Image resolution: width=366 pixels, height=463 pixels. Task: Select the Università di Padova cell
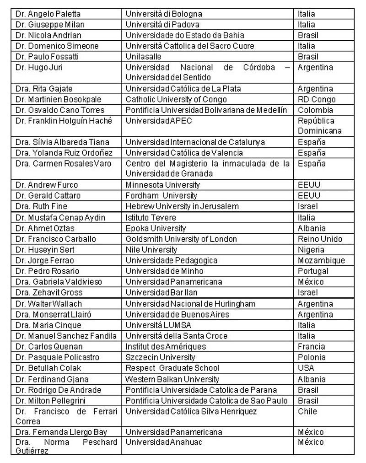tap(162, 25)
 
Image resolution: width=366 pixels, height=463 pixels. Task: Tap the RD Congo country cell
tap(317, 99)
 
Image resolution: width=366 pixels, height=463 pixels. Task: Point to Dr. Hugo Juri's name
tap(39, 67)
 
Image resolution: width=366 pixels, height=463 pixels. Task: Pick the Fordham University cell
tap(161, 196)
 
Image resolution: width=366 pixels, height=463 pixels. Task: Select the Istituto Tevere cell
tap(151, 217)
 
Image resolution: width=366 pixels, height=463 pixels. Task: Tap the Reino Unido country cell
tap(320, 239)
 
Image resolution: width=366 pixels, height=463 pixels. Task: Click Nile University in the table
tap(151, 250)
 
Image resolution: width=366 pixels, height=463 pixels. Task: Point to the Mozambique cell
tap(321, 260)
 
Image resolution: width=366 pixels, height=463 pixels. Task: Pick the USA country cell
tap(306, 368)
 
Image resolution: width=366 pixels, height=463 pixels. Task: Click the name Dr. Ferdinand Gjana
tap(52, 379)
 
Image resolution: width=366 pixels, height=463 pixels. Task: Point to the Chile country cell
tap(307, 411)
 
